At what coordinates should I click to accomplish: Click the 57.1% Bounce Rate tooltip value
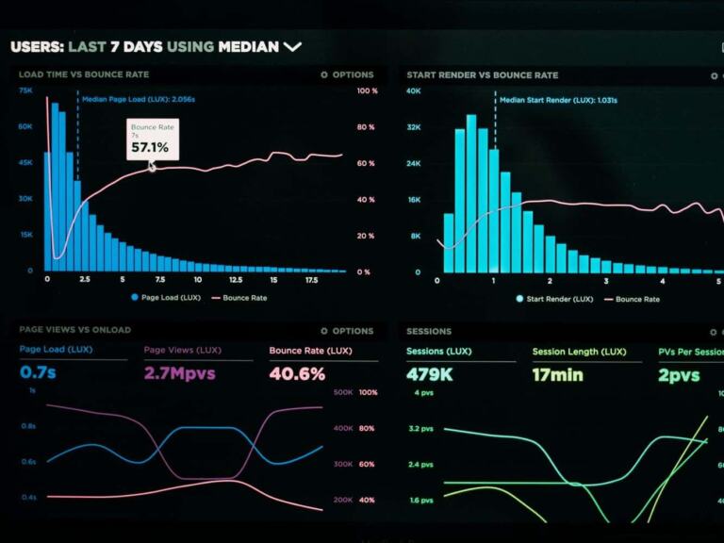[x=150, y=147]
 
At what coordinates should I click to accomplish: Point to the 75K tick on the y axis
[x=25, y=91]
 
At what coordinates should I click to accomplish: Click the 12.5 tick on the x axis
[x=236, y=280]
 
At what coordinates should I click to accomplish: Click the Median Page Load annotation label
[x=139, y=98]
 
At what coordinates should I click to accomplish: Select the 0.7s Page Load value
[x=38, y=373]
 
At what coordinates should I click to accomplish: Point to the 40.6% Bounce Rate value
[x=297, y=373]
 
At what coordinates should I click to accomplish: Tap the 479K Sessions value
[x=430, y=374]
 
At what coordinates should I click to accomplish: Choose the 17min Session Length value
[x=557, y=374]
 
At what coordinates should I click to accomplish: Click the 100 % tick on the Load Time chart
[x=367, y=91]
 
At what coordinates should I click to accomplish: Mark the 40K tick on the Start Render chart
[x=413, y=91]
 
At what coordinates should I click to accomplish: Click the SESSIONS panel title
[x=428, y=331]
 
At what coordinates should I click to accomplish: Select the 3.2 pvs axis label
[x=420, y=429]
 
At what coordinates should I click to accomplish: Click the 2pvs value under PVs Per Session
[x=679, y=374]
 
